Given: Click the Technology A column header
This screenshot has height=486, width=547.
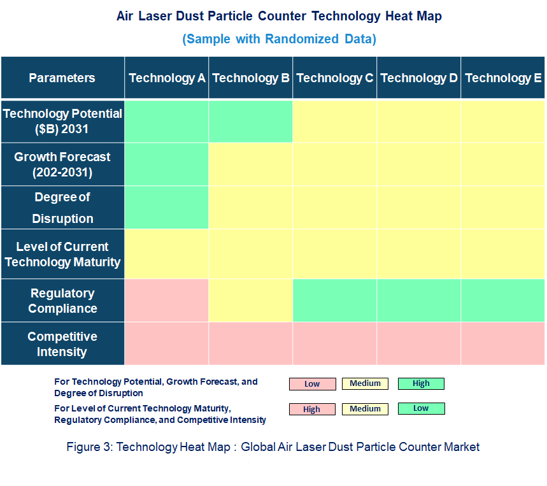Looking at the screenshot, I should click(x=167, y=78).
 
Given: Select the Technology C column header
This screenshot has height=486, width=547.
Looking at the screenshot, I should click(x=335, y=78).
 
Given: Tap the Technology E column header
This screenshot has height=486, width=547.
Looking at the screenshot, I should click(x=503, y=78).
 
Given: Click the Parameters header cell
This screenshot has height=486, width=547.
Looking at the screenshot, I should click(x=62, y=78).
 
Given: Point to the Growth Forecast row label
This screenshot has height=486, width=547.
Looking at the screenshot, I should click(x=62, y=164).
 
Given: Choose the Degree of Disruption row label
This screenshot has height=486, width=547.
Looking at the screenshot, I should click(x=62, y=208).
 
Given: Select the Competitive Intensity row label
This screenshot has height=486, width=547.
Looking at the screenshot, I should click(x=62, y=344).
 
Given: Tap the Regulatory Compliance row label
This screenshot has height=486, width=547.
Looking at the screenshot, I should click(x=62, y=301).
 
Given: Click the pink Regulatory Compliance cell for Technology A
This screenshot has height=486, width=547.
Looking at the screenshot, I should click(x=167, y=301).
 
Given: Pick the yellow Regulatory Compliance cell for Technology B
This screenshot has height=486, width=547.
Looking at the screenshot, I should click(x=251, y=301).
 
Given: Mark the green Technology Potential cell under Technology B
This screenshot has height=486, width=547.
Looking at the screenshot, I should click(x=251, y=121).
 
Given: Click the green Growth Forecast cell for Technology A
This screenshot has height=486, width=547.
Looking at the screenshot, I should click(x=167, y=164).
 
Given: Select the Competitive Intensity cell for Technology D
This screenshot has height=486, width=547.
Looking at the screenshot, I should click(x=419, y=344).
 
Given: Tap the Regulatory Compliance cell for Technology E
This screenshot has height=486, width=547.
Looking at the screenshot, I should click(x=503, y=301).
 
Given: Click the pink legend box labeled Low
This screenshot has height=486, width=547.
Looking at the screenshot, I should click(x=312, y=384).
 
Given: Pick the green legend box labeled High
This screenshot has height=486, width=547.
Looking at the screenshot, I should click(x=421, y=383).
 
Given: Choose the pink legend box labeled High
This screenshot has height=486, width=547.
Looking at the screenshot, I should click(x=312, y=410).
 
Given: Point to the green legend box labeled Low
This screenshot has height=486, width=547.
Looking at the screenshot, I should click(x=421, y=408).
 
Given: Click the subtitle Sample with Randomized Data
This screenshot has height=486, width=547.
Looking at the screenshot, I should click(x=279, y=39).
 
